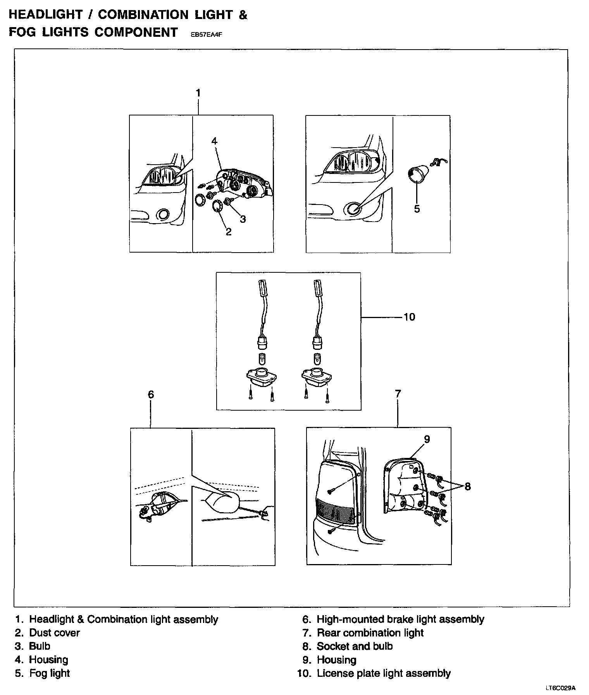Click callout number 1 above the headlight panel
[x=198, y=93]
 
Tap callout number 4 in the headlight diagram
[x=214, y=141]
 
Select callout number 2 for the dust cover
[x=228, y=232]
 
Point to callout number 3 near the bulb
[x=243, y=219]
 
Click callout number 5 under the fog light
[x=417, y=209]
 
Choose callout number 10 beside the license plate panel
[x=409, y=317]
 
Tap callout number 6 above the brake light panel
[x=151, y=394]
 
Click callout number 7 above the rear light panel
[x=398, y=394]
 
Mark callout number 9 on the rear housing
[x=427, y=439]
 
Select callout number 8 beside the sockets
[x=468, y=486]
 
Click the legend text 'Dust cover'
[x=54, y=633]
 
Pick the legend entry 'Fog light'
[x=49, y=673]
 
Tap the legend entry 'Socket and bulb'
[x=355, y=646]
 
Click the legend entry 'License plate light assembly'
[x=383, y=673]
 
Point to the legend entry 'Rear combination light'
[x=370, y=633]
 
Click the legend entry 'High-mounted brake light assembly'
[x=400, y=619]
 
